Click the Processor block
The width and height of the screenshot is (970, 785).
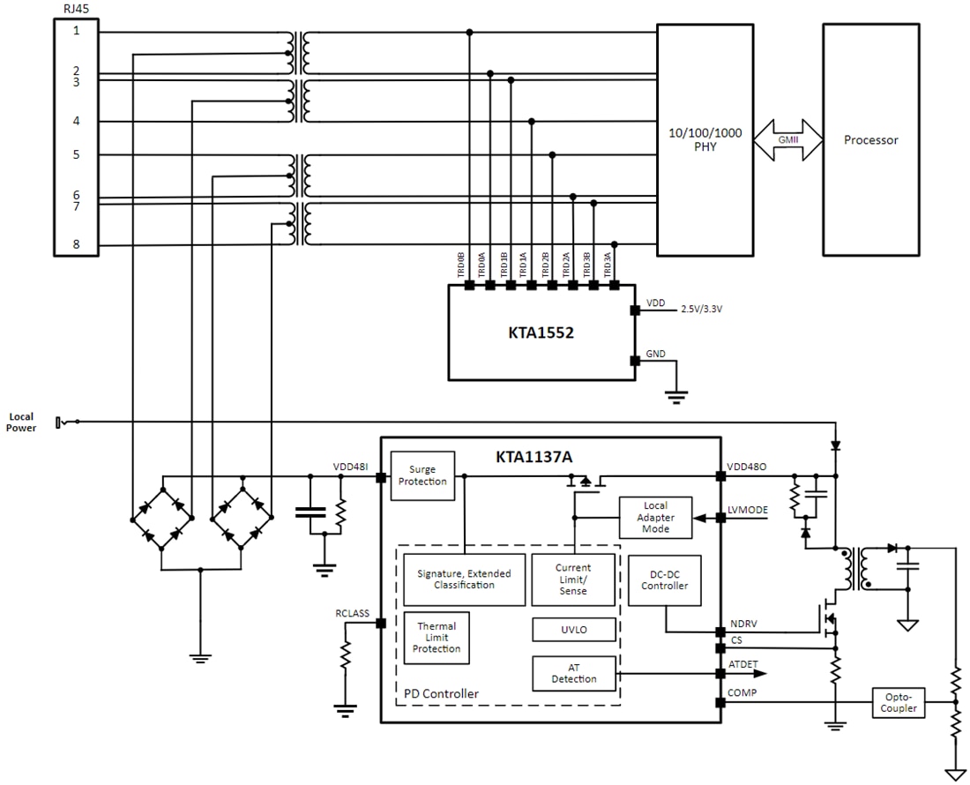coord(870,139)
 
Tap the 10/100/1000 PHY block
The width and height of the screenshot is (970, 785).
coord(705,139)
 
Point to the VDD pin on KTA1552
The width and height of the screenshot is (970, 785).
coord(634,310)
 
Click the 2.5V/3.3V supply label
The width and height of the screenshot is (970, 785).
coord(702,310)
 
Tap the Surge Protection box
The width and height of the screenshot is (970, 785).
coord(422,475)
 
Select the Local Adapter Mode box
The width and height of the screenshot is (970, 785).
coord(655,517)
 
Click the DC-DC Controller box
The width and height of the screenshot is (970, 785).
coord(664,579)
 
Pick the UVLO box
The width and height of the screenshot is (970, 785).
coord(573,630)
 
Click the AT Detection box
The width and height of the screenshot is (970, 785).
coord(573,673)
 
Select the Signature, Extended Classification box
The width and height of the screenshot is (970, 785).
coord(463,579)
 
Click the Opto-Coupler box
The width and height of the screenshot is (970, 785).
coord(899,702)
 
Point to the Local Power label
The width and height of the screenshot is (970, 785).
coord(23,422)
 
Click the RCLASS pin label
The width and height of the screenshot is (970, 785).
coord(352,613)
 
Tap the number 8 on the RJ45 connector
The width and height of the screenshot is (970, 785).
coord(77,246)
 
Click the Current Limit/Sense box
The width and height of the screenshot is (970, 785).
coord(573,579)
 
